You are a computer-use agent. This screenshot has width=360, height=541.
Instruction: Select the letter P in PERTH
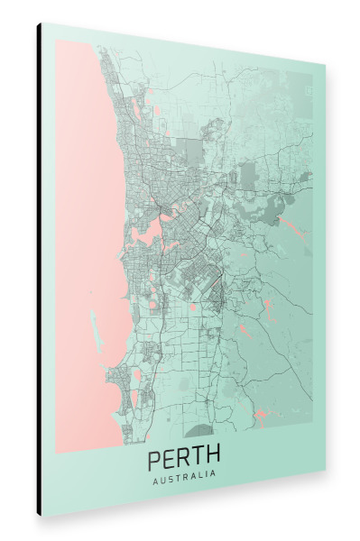154,456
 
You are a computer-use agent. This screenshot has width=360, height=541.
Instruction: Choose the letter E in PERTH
170,456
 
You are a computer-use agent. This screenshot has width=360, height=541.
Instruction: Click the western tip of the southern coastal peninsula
107,375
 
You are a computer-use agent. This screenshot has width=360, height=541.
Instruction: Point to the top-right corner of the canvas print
325,64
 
